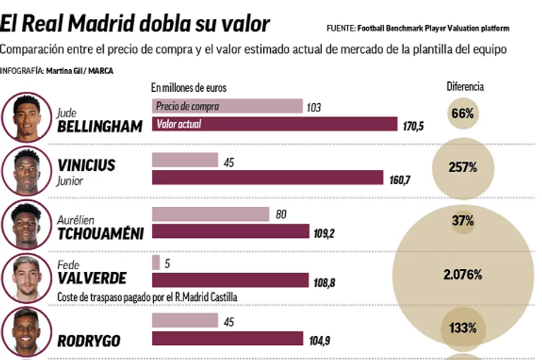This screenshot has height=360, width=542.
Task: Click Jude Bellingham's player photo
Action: [x=27, y=117]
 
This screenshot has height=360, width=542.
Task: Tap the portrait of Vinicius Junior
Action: [x=27, y=172]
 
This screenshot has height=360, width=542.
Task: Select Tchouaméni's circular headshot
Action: [x=27, y=224]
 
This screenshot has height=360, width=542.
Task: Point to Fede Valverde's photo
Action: [x=27, y=277]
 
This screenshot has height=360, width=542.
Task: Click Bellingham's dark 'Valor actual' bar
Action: [x=275, y=124]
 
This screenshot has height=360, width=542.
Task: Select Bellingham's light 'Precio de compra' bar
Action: [x=227, y=107]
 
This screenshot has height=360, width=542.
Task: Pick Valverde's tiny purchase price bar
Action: [x=155, y=263]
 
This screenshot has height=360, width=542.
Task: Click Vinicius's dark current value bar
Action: [x=267, y=178]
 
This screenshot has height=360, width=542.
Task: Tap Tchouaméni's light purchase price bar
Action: [x=210, y=213]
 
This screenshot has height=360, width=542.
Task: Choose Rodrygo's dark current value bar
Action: [x=229, y=340]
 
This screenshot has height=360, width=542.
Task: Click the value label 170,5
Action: [x=412, y=126]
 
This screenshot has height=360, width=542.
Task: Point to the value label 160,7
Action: [x=399, y=180]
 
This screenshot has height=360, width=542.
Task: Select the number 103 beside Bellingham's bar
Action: [x=314, y=107]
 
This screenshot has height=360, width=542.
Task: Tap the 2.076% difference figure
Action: [x=462, y=274]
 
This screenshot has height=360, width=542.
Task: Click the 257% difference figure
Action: [x=463, y=167]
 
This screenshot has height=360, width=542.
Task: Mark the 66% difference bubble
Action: [x=462, y=113]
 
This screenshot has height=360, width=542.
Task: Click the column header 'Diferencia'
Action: [x=465, y=87]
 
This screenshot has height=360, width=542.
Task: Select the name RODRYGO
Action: [x=88, y=340]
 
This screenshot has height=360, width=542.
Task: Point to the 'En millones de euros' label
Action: [x=188, y=88]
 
